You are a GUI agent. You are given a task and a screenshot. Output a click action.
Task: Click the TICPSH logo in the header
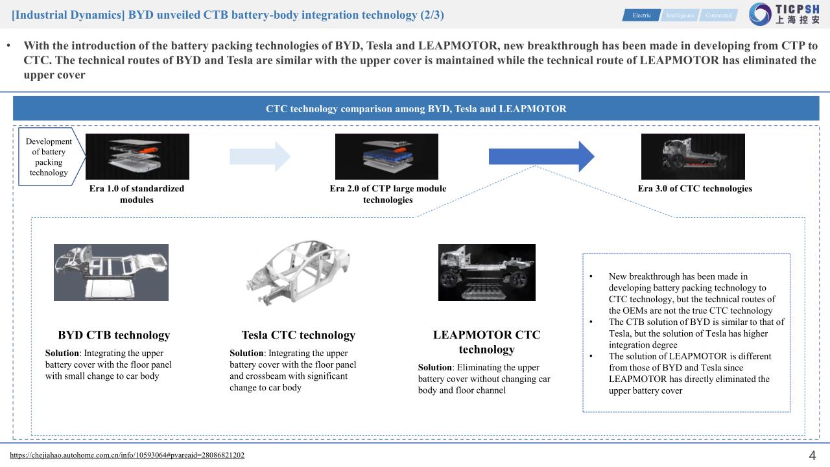pos(783,14)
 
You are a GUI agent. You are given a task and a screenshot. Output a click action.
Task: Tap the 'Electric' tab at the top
pos(641,15)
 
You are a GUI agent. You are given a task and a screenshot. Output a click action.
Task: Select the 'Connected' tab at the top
pos(718,15)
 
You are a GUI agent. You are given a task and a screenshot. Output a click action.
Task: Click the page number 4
pos(812,455)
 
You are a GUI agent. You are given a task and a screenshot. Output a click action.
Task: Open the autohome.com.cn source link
pos(127,455)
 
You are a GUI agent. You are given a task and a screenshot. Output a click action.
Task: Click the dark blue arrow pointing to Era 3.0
pos(541,156)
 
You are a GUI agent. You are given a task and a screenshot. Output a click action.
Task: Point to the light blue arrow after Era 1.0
pos(260,156)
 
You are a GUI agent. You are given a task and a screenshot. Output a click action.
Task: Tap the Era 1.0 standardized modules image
pos(137,156)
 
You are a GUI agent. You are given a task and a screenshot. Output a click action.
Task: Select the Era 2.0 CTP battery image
pos(386,156)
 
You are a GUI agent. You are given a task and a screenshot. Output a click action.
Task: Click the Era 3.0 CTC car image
pos(693,156)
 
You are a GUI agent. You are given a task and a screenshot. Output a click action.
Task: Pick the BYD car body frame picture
pos(111,272)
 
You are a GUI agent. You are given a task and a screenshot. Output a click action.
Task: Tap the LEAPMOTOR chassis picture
pos(486,272)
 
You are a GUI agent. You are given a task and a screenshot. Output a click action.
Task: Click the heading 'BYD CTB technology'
pos(113,335)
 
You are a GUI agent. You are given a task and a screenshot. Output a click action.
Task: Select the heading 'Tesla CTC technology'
pos(298,335)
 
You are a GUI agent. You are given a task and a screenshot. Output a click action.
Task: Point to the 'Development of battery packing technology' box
pos(49,157)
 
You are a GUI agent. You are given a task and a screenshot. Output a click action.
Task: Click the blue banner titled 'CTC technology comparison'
pos(416,108)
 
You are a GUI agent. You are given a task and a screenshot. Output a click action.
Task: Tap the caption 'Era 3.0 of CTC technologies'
pos(694,189)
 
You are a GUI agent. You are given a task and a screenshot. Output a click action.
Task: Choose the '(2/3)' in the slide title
pos(429,14)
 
